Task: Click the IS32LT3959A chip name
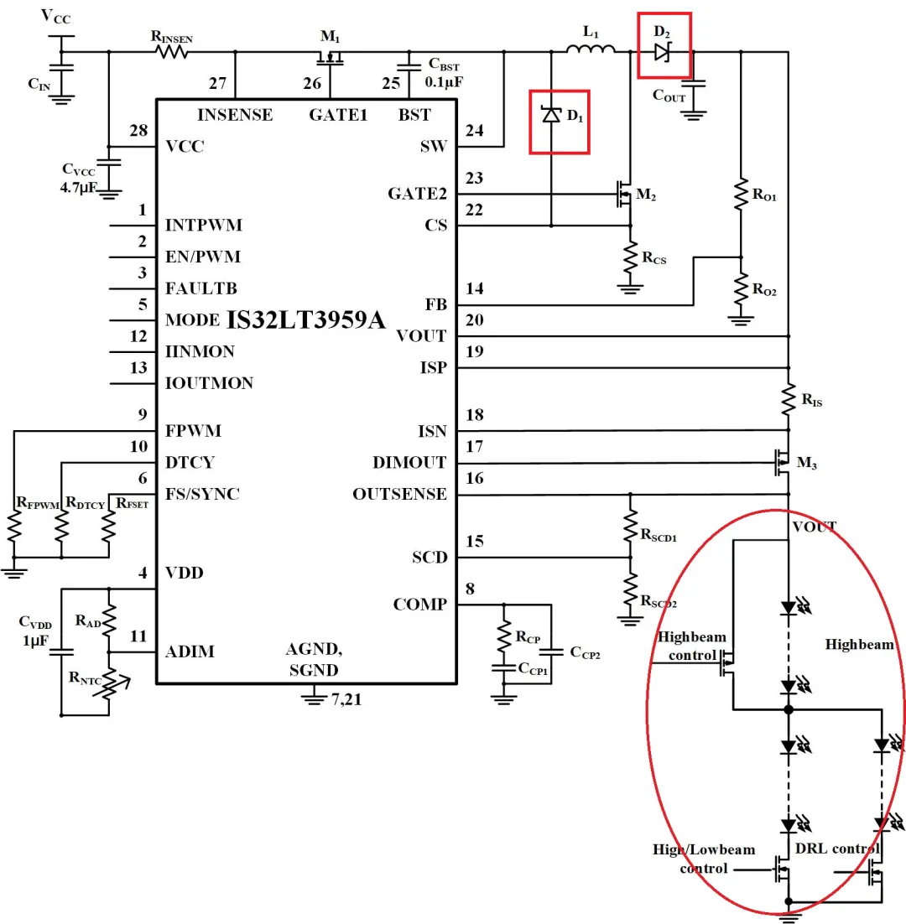306,319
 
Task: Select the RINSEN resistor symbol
170,51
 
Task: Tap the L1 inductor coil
591,51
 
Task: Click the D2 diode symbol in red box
662,51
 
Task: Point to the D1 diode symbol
551,115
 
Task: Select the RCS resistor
630,261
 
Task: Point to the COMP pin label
419,605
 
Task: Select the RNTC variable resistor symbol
109,684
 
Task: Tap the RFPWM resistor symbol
14,528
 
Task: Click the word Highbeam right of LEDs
859,644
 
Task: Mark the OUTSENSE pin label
399,495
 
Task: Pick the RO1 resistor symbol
741,195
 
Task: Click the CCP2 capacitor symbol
551,651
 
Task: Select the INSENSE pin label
234,115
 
